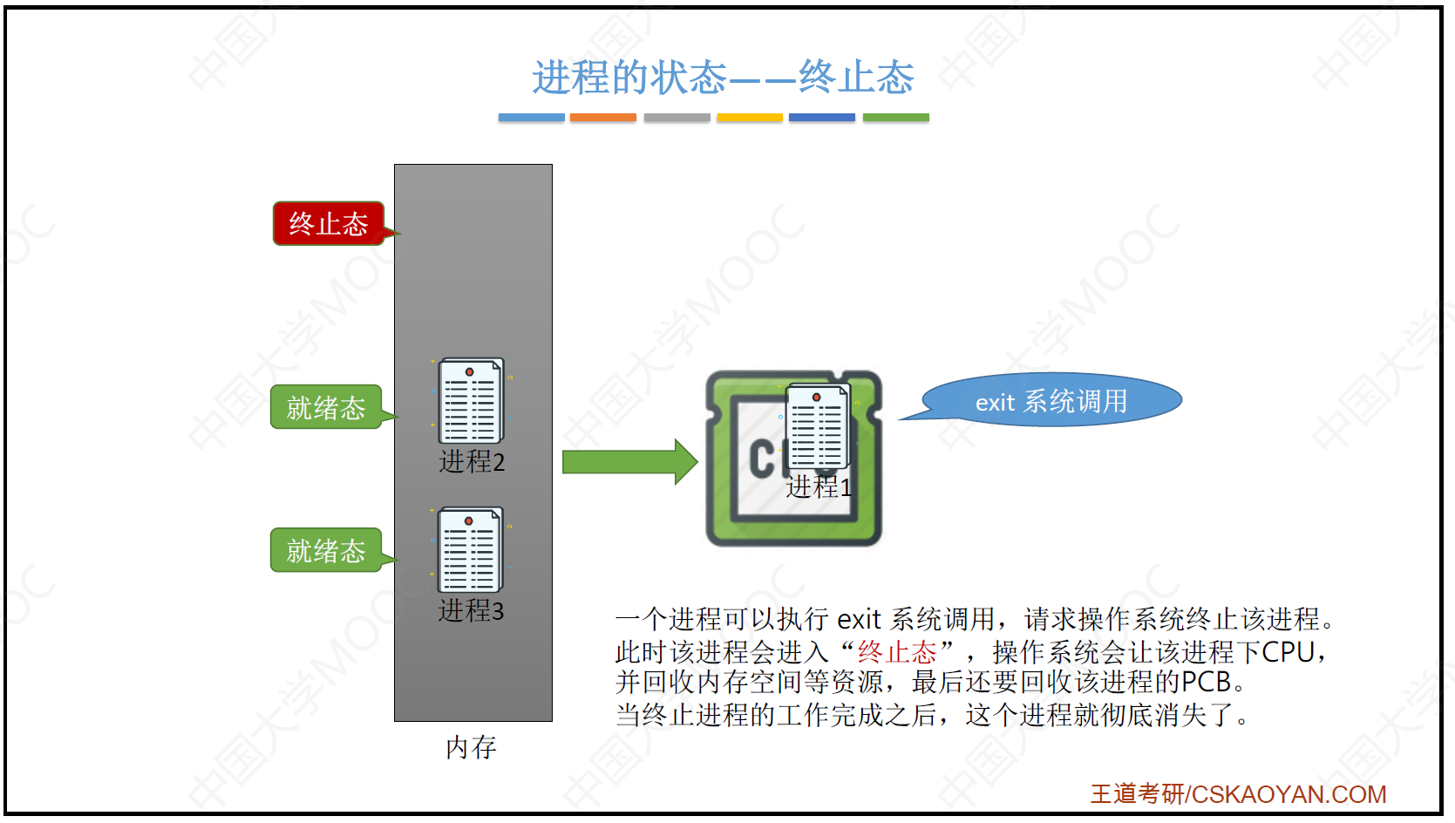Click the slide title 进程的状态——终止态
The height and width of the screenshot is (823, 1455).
click(x=723, y=78)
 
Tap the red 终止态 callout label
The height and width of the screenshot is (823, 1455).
click(x=329, y=224)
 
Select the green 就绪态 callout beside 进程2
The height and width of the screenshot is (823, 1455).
click(x=326, y=407)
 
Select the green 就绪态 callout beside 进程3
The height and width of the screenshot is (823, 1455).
click(x=326, y=550)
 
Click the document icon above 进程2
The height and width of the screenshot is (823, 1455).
click(x=471, y=400)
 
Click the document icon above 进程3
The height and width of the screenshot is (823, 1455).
click(x=471, y=549)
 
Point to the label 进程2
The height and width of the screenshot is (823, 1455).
click(x=472, y=461)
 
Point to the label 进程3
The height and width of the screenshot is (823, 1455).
click(x=471, y=610)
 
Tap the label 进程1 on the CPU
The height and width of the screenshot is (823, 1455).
click(x=818, y=486)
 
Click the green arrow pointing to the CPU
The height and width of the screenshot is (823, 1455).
click(x=629, y=461)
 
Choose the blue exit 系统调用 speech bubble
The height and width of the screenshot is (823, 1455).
click(x=1051, y=401)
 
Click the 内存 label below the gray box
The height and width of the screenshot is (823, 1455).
click(x=471, y=747)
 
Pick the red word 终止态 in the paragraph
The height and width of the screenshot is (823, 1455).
click(x=896, y=651)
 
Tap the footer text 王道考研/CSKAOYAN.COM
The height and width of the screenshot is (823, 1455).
click(x=1238, y=794)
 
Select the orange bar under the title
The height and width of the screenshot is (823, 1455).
click(x=603, y=117)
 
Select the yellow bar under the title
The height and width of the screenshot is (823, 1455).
click(x=750, y=117)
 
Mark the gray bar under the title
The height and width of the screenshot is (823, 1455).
click(x=677, y=117)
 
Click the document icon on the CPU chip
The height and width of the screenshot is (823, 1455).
click(x=818, y=427)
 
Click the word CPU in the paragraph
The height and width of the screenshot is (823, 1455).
click(x=1288, y=651)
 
